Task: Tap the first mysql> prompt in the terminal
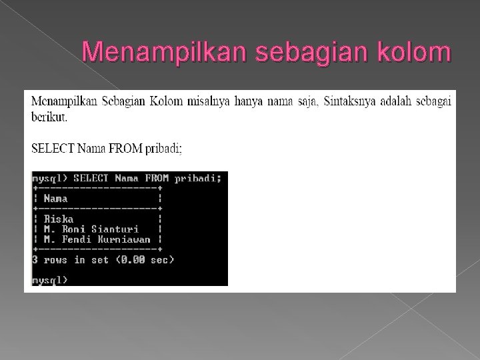click(50, 178)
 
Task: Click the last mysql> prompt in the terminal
click(50, 279)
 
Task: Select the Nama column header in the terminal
click(55, 199)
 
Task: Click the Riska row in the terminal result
click(59, 219)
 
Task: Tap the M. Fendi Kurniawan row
click(97, 239)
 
